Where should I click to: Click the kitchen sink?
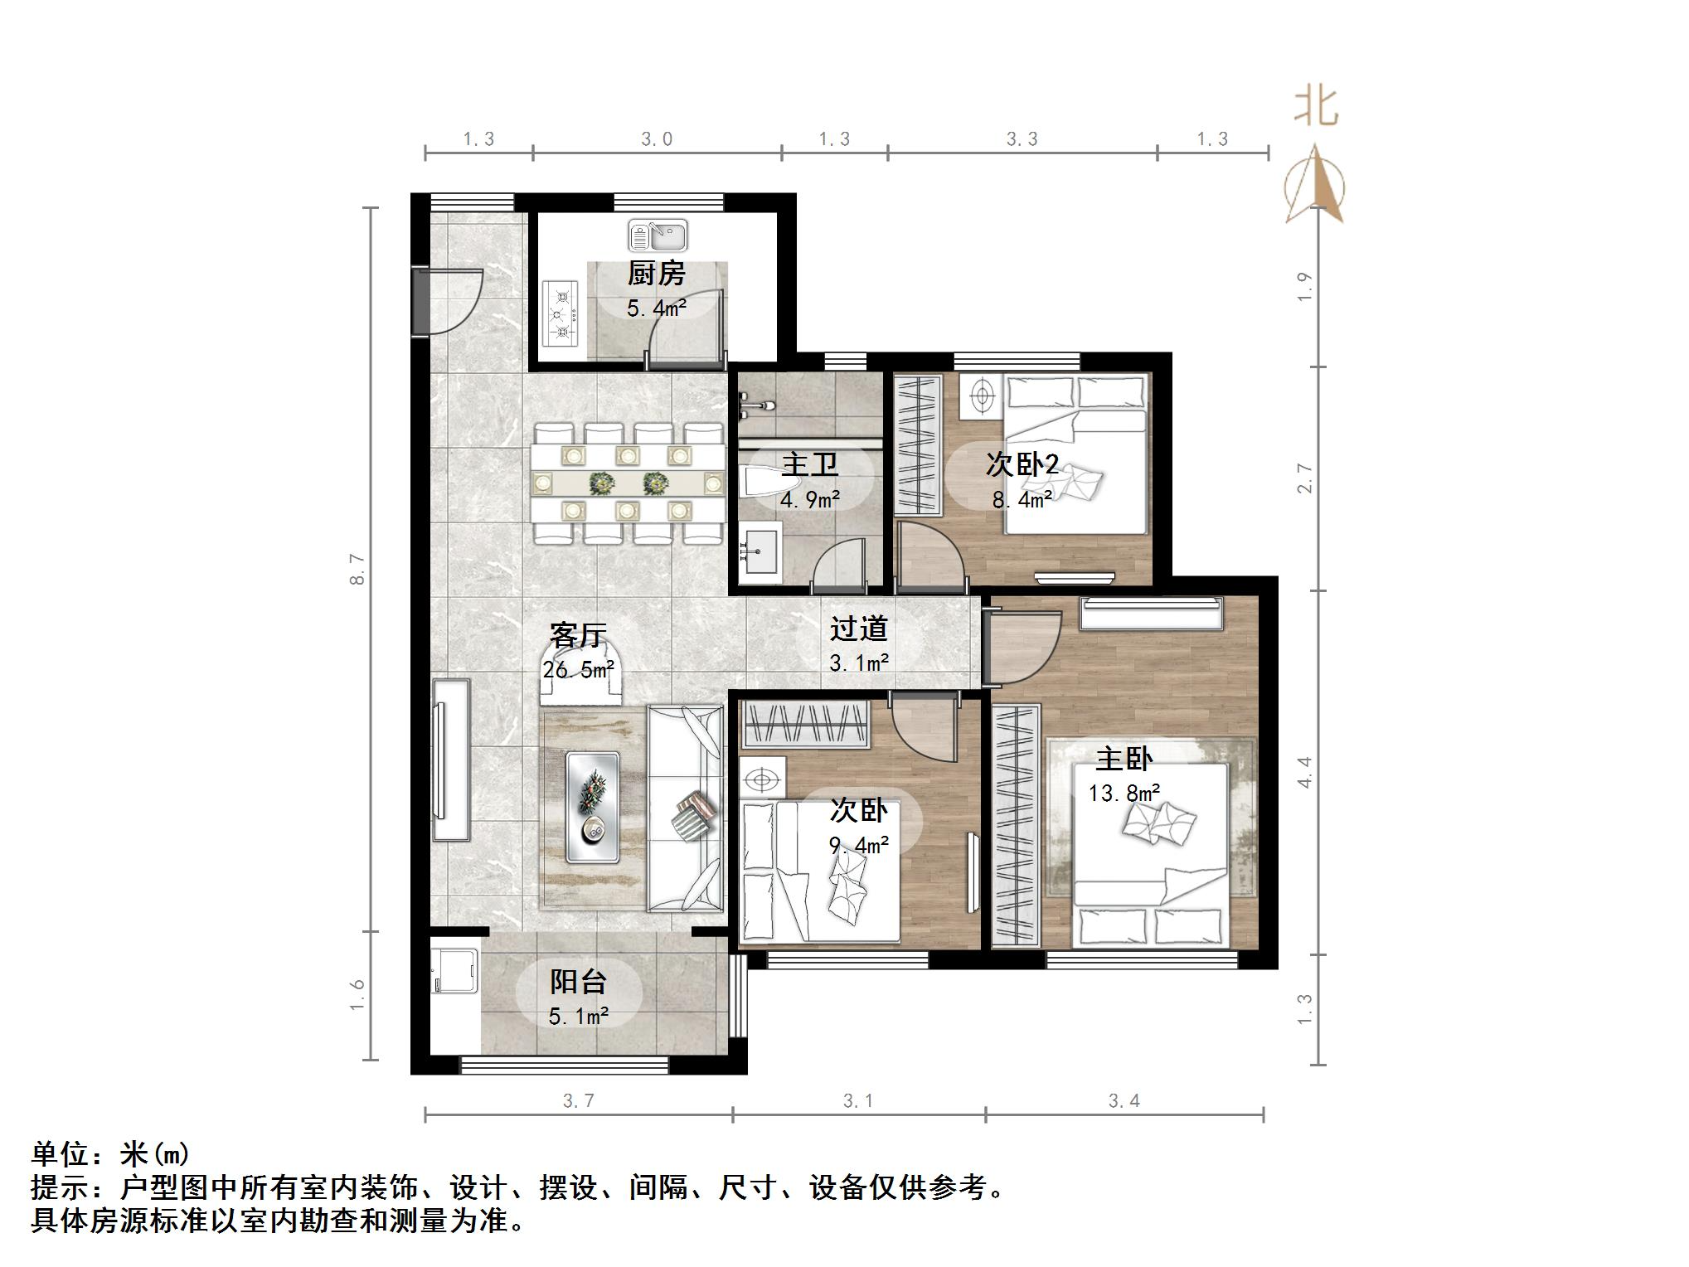point(658,235)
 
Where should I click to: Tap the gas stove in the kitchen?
point(561,313)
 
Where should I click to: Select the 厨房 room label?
point(656,273)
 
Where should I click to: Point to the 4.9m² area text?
point(809,499)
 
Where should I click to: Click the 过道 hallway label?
point(859,629)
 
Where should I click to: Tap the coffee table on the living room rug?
point(592,806)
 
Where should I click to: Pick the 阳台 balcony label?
point(579,982)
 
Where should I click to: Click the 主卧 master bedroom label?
point(1124,759)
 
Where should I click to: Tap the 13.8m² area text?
point(1124,794)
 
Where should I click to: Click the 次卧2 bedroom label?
point(1022,464)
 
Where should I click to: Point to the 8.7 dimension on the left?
point(357,569)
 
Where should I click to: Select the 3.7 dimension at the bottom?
point(579,1100)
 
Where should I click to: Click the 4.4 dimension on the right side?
point(1304,772)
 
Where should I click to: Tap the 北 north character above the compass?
point(1316,108)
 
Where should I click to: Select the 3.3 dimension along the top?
point(1022,139)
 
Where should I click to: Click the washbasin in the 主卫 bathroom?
point(760,549)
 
